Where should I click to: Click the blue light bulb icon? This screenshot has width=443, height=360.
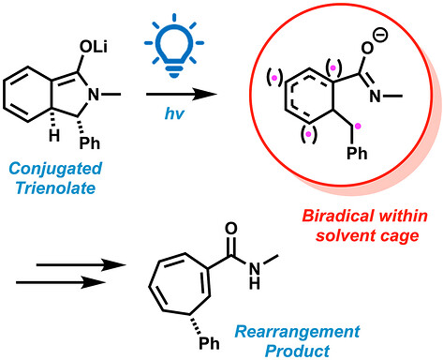pos(174,45)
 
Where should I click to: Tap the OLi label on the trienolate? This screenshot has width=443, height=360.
pos(94,47)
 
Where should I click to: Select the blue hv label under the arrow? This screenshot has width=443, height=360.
pos(174,113)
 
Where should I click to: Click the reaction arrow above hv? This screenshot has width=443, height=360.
pos(182,94)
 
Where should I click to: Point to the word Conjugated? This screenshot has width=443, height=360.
pos(55,169)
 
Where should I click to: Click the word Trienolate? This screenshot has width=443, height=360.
pos(55,187)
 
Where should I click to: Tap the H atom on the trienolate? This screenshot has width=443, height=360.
pos(54,136)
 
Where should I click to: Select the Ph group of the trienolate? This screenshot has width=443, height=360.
pos(90,143)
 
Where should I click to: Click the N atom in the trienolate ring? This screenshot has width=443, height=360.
pos(94,94)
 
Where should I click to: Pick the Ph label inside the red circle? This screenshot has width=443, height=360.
pos(357,153)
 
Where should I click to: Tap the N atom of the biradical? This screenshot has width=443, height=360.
pos(376,96)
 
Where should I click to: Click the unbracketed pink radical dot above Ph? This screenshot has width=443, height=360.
pos(358,126)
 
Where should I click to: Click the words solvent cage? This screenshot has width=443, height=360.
pos(367,235)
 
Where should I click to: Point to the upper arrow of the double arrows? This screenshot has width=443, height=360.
pos(81,265)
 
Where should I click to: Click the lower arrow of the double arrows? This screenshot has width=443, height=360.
pos(61,282)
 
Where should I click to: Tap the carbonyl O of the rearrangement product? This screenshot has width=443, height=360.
pos(231,229)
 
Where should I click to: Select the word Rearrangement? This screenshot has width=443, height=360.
pos(297,332)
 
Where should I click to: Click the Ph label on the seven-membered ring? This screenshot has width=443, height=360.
pos(209,343)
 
